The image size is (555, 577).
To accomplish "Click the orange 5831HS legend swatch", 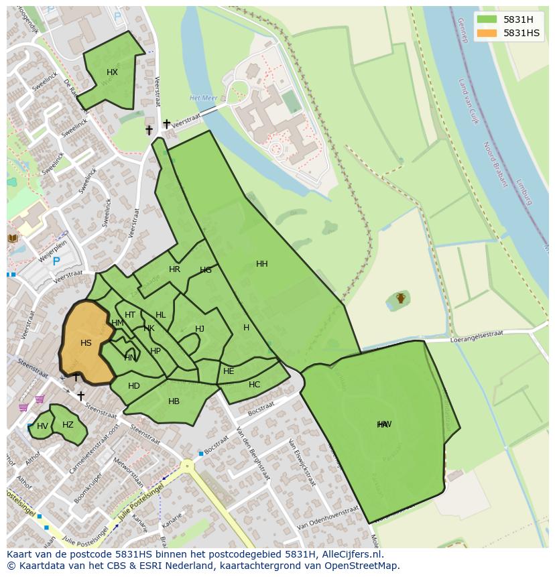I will point(487,33).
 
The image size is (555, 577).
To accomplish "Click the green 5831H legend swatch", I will point(487,19).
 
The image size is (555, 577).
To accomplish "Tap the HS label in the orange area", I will point(86,343).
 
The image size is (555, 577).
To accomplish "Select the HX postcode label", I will point(112,72).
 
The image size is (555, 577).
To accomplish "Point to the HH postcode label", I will point(262,264).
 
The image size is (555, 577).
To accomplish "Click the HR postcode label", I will point(174,269).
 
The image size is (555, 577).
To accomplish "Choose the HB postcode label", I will point(174,401).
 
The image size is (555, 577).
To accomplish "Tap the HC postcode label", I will point(254,385).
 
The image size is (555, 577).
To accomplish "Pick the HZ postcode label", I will point(68,425).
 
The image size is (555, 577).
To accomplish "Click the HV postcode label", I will point(42,426).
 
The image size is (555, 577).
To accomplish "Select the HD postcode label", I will point(134,385).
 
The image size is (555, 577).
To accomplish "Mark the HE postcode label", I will point(229,371).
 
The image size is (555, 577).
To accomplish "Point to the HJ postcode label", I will point(200,329).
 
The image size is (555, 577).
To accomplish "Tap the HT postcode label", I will point(130,315).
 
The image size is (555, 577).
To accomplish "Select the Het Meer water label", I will point(204,98).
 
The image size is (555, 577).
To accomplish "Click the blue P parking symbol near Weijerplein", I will point(56,261).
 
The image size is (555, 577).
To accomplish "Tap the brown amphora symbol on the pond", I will point(401,298).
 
